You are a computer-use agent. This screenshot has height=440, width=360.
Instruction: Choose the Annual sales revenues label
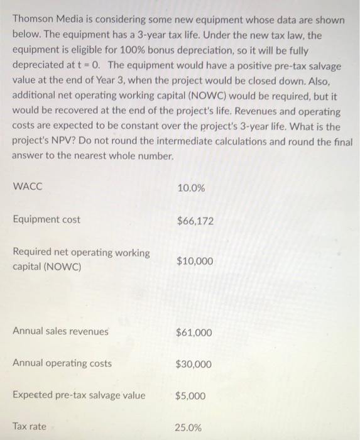[60, 331]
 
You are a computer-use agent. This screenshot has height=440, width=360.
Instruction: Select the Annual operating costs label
[62, 363]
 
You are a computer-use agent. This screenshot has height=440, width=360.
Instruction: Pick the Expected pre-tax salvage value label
[79, 395]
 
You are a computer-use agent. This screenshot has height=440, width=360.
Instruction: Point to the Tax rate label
[30, 427]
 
